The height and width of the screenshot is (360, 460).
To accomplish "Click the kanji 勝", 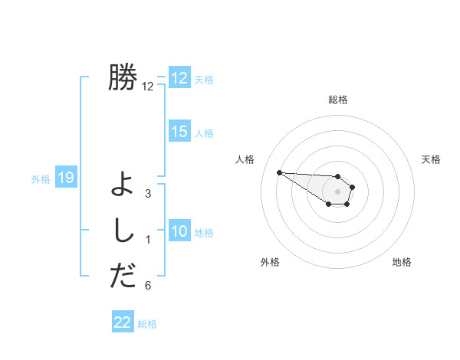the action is pyautogui.click(x=123, y=77).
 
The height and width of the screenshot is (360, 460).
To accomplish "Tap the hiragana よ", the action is pyautogui.click(x=123, y=184).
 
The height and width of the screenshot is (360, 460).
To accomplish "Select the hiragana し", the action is pyautogui.click(x=123, y=230).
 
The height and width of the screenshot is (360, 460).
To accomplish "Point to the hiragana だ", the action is pyautogui.click(x=123, y=276).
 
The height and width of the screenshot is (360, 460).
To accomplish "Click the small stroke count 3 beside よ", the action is pyautogui.click(x=148, y=194).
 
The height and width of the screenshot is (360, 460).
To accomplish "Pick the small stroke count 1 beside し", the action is pyautogui.click(x=148, y=240).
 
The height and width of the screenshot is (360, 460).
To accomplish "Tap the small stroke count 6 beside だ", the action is pyautogui.click(x=148, y=286).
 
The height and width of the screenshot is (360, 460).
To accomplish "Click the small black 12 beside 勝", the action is pyautogui.click(x=148, y=87).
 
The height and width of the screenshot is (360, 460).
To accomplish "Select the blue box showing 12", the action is pyautogui.click(x=179, y=78).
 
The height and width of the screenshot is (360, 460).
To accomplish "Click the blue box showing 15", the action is pyautogui.click(x=179, y=132).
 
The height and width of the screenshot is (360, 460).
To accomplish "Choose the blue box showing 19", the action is pyautogui.click(x=66, y=178).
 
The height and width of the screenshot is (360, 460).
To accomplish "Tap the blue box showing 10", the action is pyautogui.click(x=179, y=231).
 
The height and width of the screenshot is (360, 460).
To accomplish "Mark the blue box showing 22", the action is pyautogui.click(x=123, y=322).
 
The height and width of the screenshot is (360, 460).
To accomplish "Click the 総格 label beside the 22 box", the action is pyautogui.click(x=148, y=324).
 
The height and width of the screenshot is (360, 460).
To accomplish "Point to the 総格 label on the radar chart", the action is pyautogui.click(x=338, y=100).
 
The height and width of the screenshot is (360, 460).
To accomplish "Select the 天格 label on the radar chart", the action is pyautogui.click(x=431, y=159).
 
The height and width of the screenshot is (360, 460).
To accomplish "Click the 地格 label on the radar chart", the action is pyautogui.click(x=402, y=262).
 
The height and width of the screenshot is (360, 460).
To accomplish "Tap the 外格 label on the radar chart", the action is pyautogui.click(x=270, y=262).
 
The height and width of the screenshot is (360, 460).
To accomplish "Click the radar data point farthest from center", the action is pyautogui.click(x=279, y=172).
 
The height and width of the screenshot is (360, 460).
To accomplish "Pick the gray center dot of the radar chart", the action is pyautogui.click(x=338, y=191).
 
